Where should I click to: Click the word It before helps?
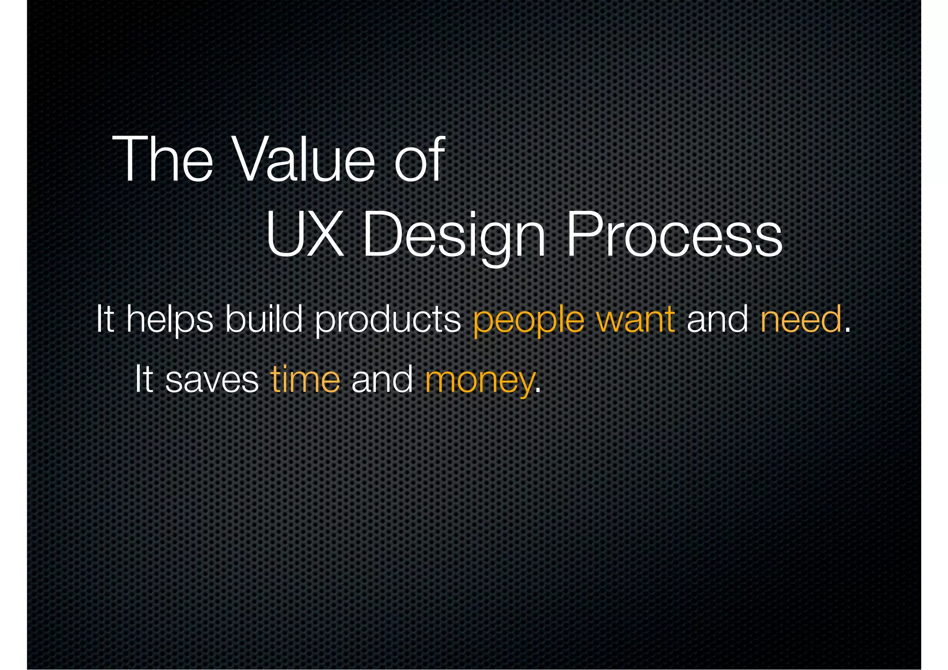click(x=105, y=319)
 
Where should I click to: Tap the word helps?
click(x=170, y=320)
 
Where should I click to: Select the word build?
click(x=264, y=319)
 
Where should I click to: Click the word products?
click(x=388, y=320)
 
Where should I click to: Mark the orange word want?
click(x=636, y=320)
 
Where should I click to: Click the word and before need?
click(x=717, y=319)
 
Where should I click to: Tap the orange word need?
click(x=801, y=319)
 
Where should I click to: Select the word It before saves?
click(x=143, y=379)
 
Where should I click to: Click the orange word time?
click(x=306, y=379)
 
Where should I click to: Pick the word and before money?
click(x=382, y=379)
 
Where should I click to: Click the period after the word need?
click(x=848, y=330)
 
